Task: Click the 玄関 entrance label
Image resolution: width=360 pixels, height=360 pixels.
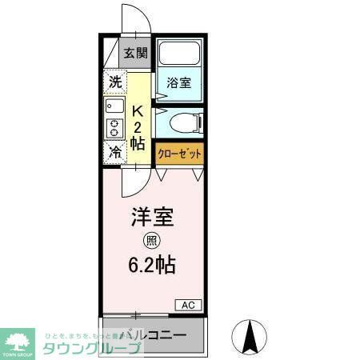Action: pos(135,54)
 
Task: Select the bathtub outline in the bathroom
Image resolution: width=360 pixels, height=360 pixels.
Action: pos(180,54)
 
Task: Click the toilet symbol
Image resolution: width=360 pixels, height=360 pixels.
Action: pos(190,123)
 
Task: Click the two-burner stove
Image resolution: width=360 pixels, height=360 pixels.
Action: pos(114,128)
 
